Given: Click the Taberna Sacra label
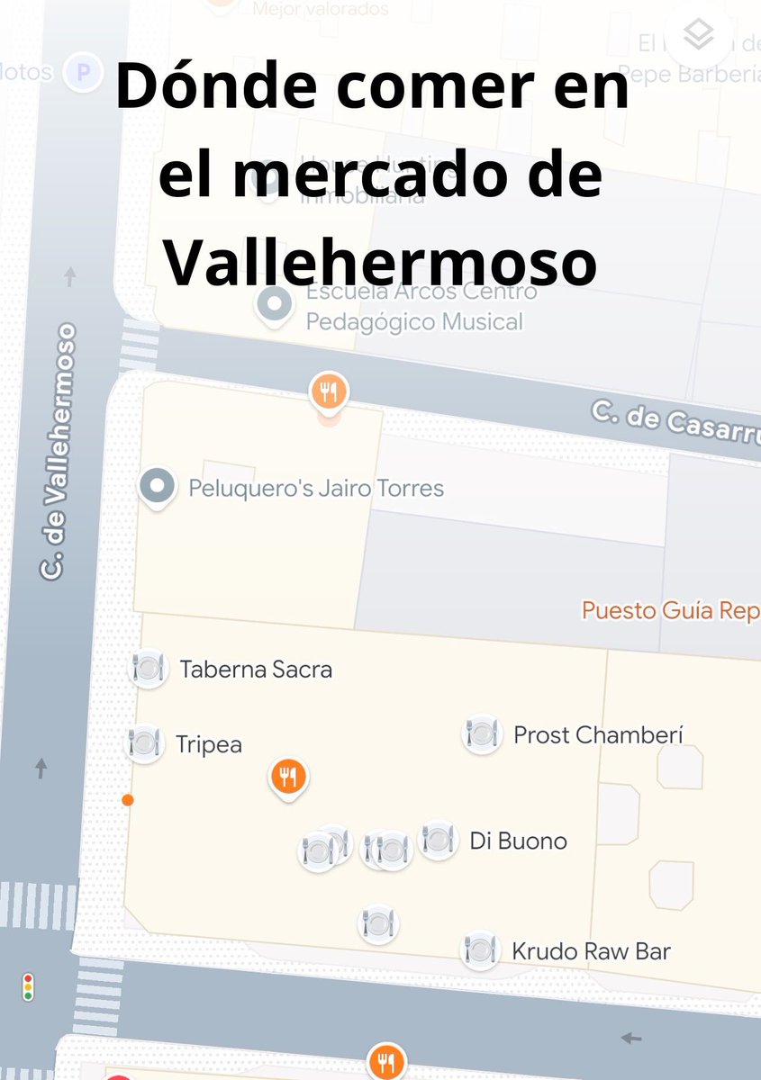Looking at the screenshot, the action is (x=256, y=670).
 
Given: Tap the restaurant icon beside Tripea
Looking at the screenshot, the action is (x=143, y=743).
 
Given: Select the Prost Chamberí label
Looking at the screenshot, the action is (x=598, y=735).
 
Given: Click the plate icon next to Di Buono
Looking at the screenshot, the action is (x=438, y=841).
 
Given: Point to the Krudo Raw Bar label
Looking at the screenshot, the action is (x=591, y=951).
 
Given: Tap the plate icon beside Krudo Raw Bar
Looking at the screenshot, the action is (x=480, y=950).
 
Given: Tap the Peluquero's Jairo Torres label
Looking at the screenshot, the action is (x=316, y=489).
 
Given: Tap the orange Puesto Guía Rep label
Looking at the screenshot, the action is (x=670, y=610).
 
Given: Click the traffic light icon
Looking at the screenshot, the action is (x=28, y=987).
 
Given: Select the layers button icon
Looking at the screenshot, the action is (x=698, y=35).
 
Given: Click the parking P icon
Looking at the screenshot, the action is (x=84, y=73).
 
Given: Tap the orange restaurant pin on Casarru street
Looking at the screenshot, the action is (x=329, y=392).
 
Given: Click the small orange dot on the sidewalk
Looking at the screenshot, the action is (x=128, y=799).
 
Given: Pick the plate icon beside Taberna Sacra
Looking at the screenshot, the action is (x=148, y=668).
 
